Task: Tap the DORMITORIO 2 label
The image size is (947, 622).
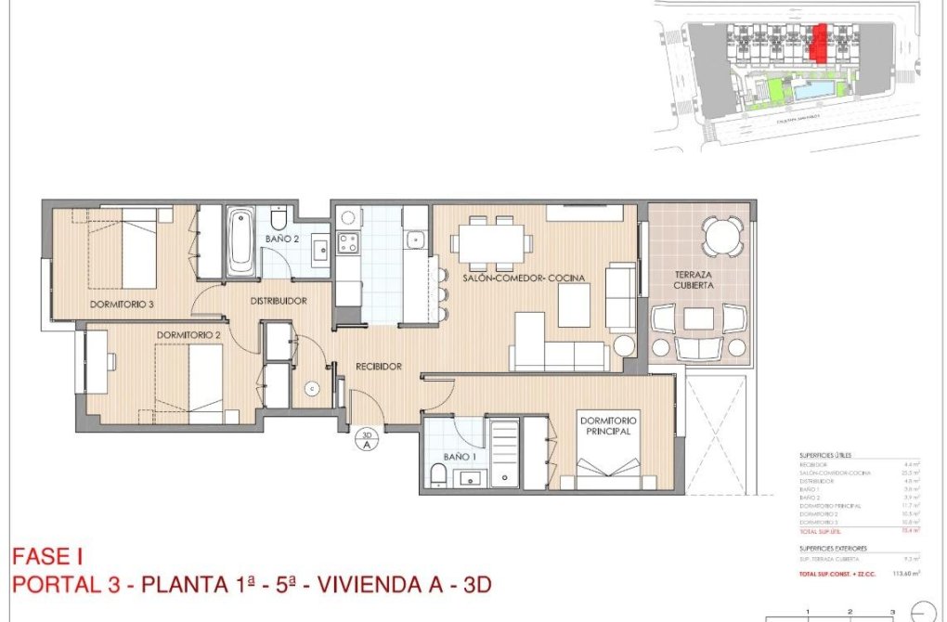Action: pyautogui.click(x=188, y=334)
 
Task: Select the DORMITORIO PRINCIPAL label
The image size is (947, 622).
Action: pyautogui.click(x=609, y=426)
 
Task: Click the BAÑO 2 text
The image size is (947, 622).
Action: pyautogui.click(x=281, y=239)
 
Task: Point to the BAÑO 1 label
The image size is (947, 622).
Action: pyautogui.click(x=460, y=457)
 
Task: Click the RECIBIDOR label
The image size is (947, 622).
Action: pyautogui.click(x=379, y=367)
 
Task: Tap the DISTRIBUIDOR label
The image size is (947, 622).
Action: pyautogui.click(x=278, y=301)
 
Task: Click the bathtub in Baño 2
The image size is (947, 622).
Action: pyautogui.click(x=241, y=240)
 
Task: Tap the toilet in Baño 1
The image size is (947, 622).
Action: pyautogui.click(x=438, y=477)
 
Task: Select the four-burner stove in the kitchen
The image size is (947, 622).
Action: pyautogui.click(x=348, y=244)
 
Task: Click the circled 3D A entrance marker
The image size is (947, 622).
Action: pyautogui.click(x=367, y=438)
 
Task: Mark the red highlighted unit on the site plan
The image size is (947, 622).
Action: pyautogui.click(x=819, y=43)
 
